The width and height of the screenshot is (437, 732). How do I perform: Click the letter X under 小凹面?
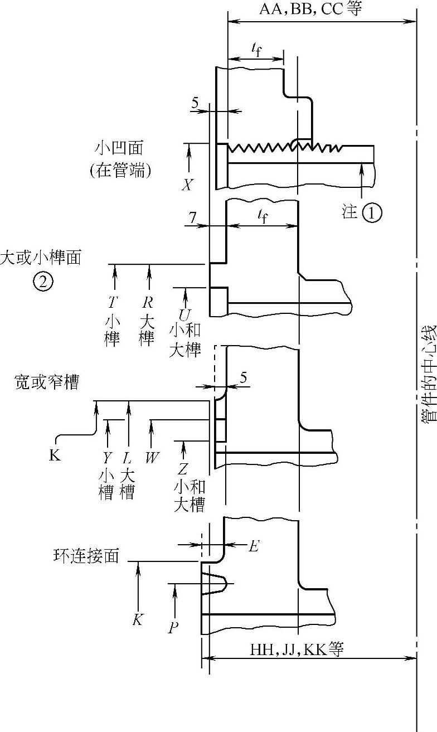click(x=187, y=185)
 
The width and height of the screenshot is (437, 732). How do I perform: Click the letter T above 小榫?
click(x=113, y=303)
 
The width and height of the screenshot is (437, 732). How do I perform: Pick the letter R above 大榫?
click(x=147, y=303)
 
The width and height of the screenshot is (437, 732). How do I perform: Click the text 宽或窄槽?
click(x=46, y=383)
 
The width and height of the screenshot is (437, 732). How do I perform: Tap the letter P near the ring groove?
click(x=173, y=628)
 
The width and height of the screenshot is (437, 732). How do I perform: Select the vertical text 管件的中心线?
click(x=427, y=374)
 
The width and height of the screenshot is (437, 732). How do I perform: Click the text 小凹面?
click(x=119, y=148)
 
